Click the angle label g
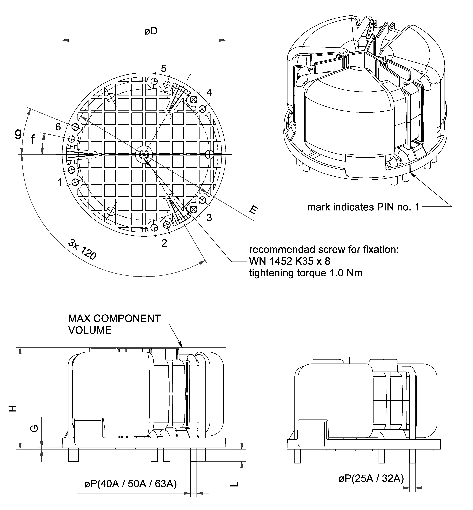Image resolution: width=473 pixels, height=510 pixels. [18, 133]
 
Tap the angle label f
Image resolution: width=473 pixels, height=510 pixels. [33, 140]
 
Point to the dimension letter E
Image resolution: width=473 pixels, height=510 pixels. [253, 210]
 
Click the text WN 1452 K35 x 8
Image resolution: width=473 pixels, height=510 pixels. [290, 261]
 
